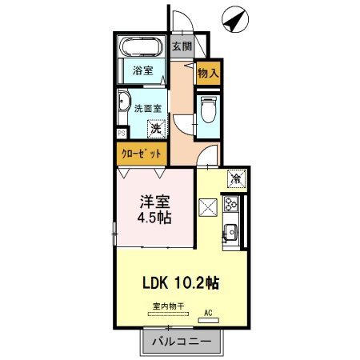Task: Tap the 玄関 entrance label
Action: [x=182, y=47]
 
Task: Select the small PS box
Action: [x=121, y=134]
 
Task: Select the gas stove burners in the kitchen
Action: [x=233, y=205]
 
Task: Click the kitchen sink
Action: [x=232, y=233]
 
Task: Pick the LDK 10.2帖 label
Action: [x=182, y=282]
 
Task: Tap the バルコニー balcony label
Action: [x=180, y=342]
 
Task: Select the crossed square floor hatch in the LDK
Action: [x=208, y=208]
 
